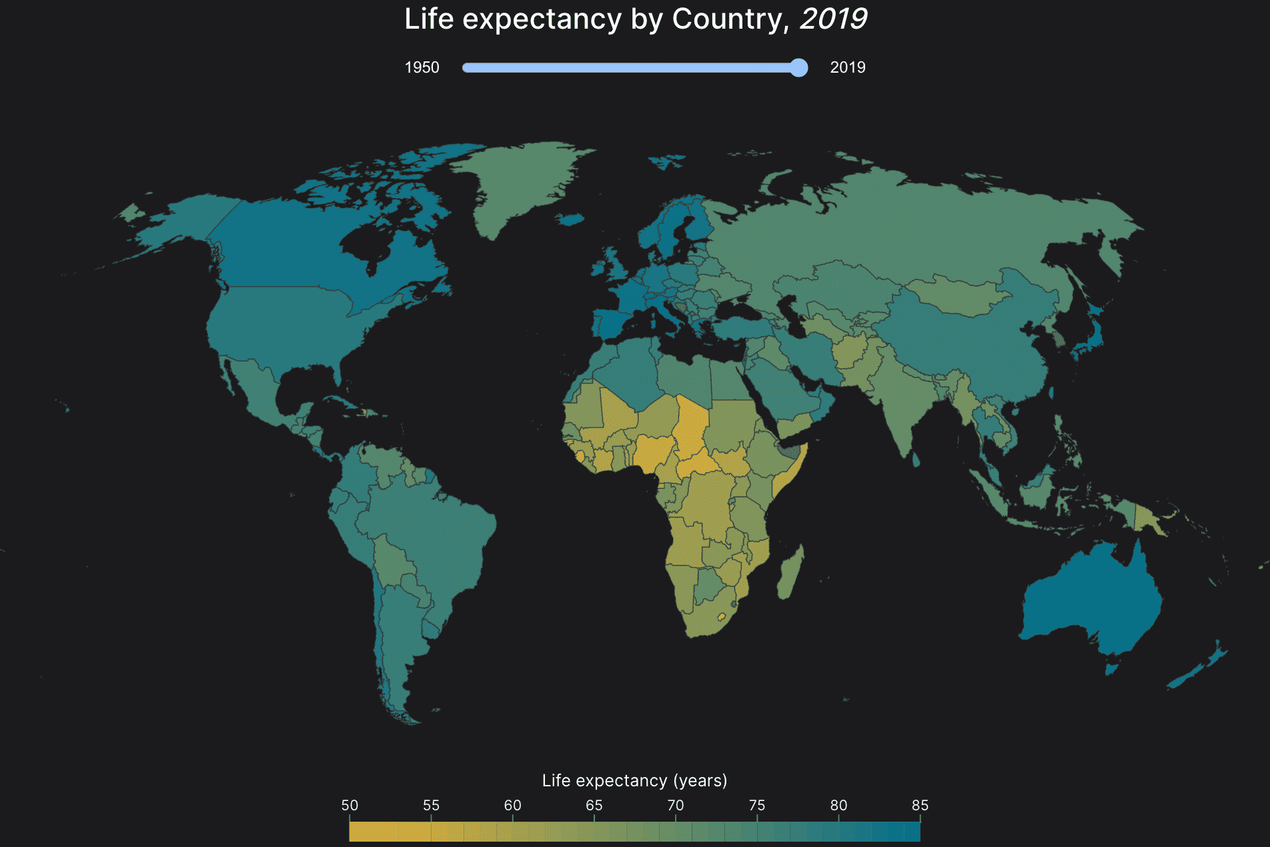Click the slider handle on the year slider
(798, 67)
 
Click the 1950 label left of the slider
(422, 67)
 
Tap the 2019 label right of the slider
(847, 67)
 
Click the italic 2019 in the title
(833, 19)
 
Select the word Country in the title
(727, 19)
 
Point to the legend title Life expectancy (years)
(634, 780)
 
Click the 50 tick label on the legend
(350, 805)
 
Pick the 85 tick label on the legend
(920, 805)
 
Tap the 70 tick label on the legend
(676, 805)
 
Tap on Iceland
(570, 219)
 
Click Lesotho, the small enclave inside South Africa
(721, 617)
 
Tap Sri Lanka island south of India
(916, 459)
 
